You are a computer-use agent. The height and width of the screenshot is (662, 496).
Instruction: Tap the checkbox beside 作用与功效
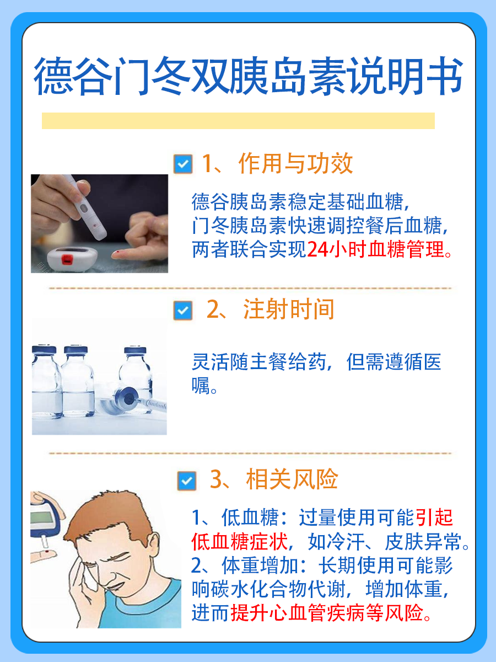tap(182, 164)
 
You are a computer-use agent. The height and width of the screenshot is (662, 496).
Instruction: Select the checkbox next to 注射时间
tap(182, 310)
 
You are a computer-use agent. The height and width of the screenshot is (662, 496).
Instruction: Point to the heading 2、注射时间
tap(271, 310)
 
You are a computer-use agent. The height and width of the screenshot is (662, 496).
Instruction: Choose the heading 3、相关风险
tap(274, 480)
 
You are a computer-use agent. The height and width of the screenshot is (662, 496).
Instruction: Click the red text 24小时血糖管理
tap(375, 250)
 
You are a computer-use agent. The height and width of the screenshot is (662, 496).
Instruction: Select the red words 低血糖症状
tap(240, 542)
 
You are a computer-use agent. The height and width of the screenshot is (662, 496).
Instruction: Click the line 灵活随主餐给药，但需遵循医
tap(316, 362)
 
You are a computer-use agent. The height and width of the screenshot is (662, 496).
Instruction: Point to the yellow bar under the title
tap(238, 121)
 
